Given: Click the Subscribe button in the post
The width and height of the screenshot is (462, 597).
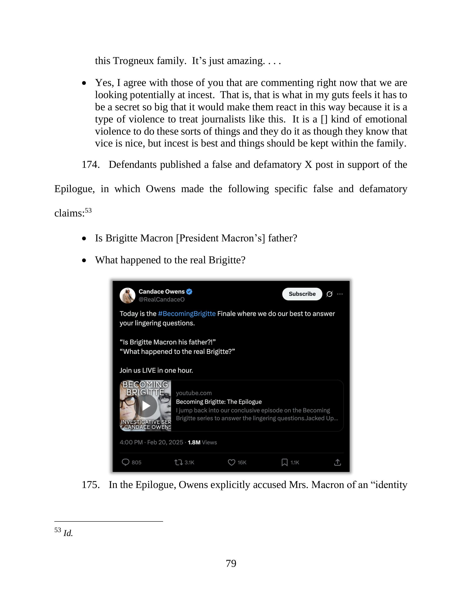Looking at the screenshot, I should click(x=302, y=294).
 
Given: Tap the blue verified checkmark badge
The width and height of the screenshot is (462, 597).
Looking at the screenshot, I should click(x=189, y=292).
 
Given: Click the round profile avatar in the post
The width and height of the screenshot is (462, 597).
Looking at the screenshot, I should click(x=128, y=295).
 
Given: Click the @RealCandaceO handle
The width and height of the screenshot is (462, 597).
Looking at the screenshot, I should click(x=162, y=300).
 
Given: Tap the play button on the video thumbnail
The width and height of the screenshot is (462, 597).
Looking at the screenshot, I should click(x=146, y=406).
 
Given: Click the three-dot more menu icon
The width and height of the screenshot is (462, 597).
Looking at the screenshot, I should click(x=340, y=294).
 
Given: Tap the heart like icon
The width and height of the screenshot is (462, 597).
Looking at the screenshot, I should click(x=232, y=462).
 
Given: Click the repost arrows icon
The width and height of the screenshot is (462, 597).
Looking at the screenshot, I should click(x=178, y=462).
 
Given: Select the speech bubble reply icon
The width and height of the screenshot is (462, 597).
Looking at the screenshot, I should click(x=125, y=462).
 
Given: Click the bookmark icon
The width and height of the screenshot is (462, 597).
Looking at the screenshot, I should click(x=284, y=462).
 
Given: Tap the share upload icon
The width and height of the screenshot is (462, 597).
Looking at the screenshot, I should click(x=337, y=462).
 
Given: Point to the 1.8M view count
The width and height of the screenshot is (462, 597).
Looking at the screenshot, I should click(x=194, y=442).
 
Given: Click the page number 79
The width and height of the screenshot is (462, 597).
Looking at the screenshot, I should click(x=231, y=563).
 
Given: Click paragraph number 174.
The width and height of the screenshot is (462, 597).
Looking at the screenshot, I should click(x=90, y=165).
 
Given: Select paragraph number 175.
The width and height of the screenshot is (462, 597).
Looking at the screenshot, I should click(x=90, y=485).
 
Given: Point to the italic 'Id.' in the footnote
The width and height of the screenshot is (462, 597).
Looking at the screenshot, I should click(x=68, y=533).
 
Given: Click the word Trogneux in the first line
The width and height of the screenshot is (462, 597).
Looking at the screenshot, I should click(x=133, y=61).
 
